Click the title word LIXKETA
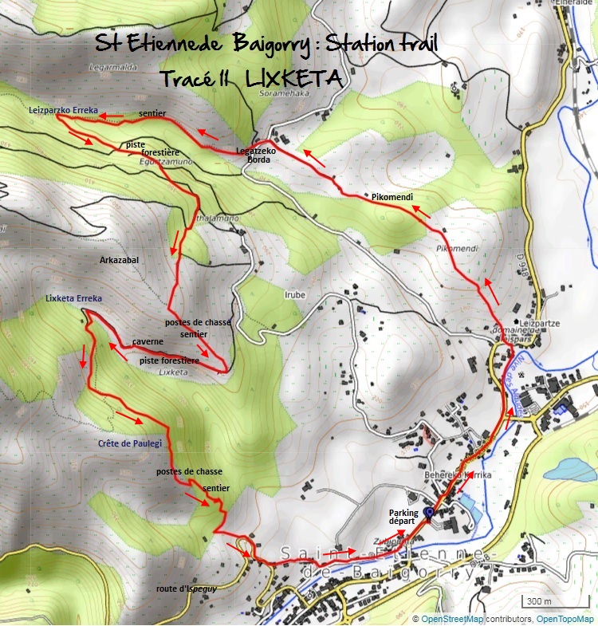pos(295,79)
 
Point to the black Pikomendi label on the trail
pos(391,196)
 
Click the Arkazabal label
pos(120,261)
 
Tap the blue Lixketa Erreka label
pos(74,299)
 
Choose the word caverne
pos(148,341)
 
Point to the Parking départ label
pos(402,516)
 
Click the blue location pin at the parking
pos(428,514)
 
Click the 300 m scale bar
pos(544,601)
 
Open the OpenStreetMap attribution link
pos(451,620)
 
